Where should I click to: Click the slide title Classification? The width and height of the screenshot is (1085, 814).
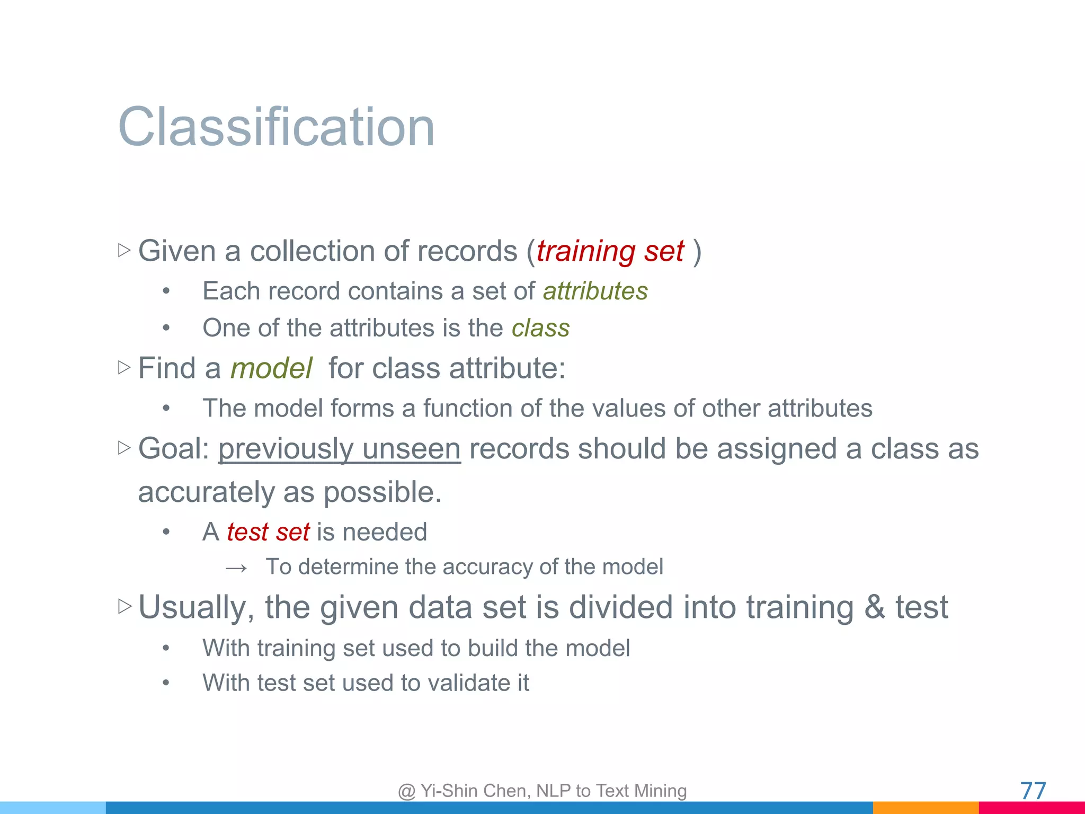tap(276, 127)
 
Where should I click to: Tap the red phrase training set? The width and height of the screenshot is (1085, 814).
tap(610, 251)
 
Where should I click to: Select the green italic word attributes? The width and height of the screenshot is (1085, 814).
tap(595, 291)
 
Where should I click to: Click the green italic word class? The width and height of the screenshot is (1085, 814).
tap(540, 328)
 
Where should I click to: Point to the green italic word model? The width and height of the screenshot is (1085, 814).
tap(271, 368)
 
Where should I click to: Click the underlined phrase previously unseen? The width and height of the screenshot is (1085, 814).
tap(339, 449)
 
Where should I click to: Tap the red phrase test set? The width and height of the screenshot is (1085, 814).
tap(268, 532)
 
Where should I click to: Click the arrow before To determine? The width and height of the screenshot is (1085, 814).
tap(236, 568)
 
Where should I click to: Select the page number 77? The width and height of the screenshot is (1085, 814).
tap(1033, 791)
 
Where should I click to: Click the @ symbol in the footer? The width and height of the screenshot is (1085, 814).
tap(406, 791)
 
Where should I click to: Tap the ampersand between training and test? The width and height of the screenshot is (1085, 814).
tap(875, 607)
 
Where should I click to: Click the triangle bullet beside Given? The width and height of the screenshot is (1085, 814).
tap(124, 250)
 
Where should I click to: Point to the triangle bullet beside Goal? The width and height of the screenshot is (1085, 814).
tap(124, 448)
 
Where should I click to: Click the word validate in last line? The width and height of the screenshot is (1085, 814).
tap(466, 683)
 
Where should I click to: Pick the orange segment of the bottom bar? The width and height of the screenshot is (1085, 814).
tap(925, 808)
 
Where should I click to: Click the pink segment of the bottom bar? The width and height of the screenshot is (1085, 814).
tap(1031, 809)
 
